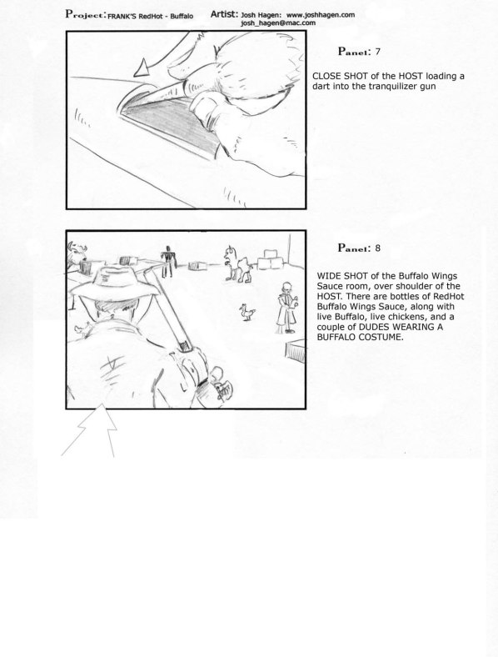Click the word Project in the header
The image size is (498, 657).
[84, 14]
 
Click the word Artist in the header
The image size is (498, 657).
[223, 14]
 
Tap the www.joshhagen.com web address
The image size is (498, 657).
[321, 15]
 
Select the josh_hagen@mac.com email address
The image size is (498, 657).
[278, 23]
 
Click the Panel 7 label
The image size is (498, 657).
[359, 52]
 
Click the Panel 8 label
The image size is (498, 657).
[359, 248]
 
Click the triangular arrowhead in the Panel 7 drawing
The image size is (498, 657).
[142, 69]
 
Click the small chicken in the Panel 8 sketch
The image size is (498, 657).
[247, 313]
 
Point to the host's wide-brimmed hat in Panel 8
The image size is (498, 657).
[115, 282]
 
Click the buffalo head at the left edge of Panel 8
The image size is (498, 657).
[77, 253]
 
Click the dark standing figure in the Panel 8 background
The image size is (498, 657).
[168, 261]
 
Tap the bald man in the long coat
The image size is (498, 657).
[287, 307]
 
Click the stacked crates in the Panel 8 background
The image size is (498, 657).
[272, 259]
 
